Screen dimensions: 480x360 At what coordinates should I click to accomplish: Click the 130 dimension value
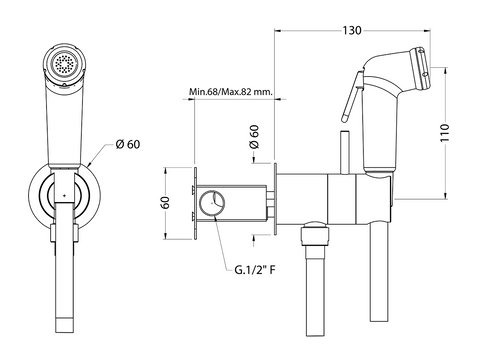click(352, 30)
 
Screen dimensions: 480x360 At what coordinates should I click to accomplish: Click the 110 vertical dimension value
click(445, 133)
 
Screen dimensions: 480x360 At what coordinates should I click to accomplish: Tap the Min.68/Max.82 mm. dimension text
click(231, 91)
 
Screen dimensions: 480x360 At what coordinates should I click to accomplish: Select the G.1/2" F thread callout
click(255, 269)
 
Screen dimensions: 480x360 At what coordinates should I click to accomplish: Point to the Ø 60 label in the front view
click(128, 144)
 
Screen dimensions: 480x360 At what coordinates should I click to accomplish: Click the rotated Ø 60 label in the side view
click(254, 137)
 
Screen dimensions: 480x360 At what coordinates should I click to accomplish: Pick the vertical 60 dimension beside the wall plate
click(165, 203)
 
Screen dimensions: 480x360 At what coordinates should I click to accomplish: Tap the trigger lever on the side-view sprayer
click(351, 96)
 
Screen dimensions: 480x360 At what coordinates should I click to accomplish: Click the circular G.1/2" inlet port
click(212, 202)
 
